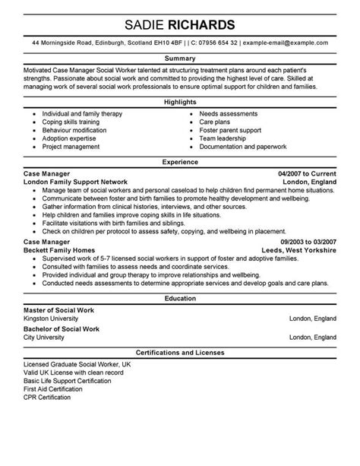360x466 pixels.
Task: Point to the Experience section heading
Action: [x=180, y=161]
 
